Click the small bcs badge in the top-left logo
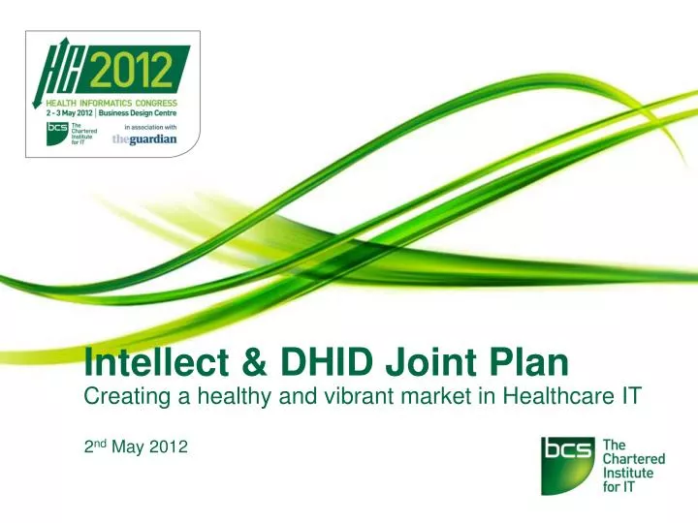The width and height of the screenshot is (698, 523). point(57,133)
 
